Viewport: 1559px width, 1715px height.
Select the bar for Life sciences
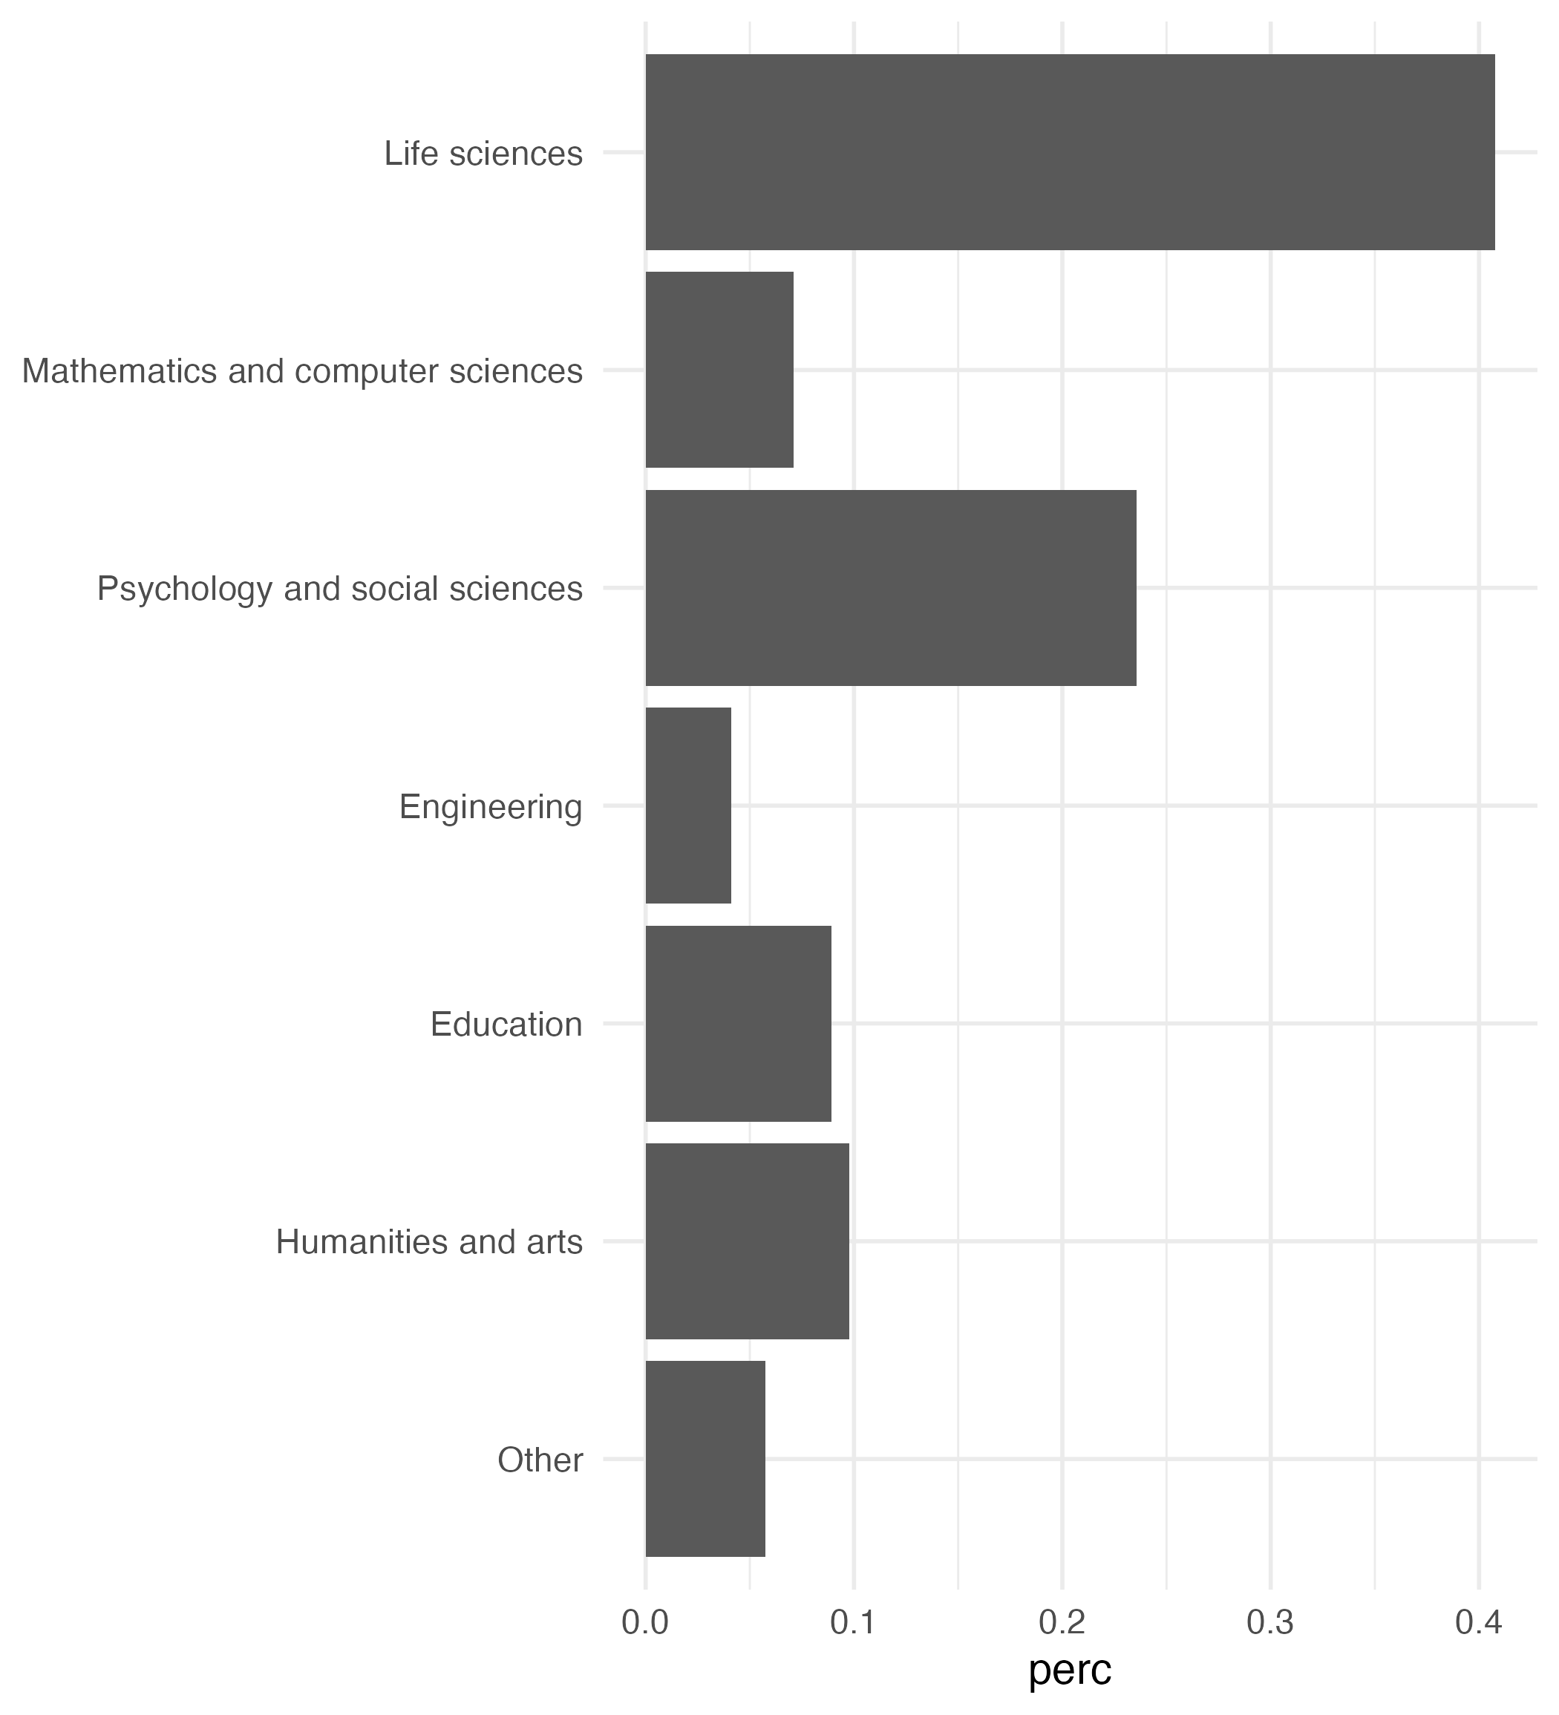1069,152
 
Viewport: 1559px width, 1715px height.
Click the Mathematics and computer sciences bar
719,370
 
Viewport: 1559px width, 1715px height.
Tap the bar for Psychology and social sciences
891,588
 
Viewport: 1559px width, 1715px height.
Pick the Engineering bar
688,806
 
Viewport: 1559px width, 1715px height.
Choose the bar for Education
737,1023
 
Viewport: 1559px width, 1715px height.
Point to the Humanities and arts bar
747,1241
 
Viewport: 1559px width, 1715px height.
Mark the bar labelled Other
705,1459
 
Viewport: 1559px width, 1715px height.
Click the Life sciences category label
483,154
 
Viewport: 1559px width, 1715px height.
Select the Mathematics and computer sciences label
302,372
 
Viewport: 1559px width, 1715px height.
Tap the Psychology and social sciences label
339,589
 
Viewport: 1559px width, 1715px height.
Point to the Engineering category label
491,806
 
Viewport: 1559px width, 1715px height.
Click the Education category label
506,1025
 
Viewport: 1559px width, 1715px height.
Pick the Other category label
540,1460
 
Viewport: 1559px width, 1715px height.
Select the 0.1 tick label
853,1623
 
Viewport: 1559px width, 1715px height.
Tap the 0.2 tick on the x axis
1062,1623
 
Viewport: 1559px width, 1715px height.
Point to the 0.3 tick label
1269,1623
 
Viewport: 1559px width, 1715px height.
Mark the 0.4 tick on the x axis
1478,1623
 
